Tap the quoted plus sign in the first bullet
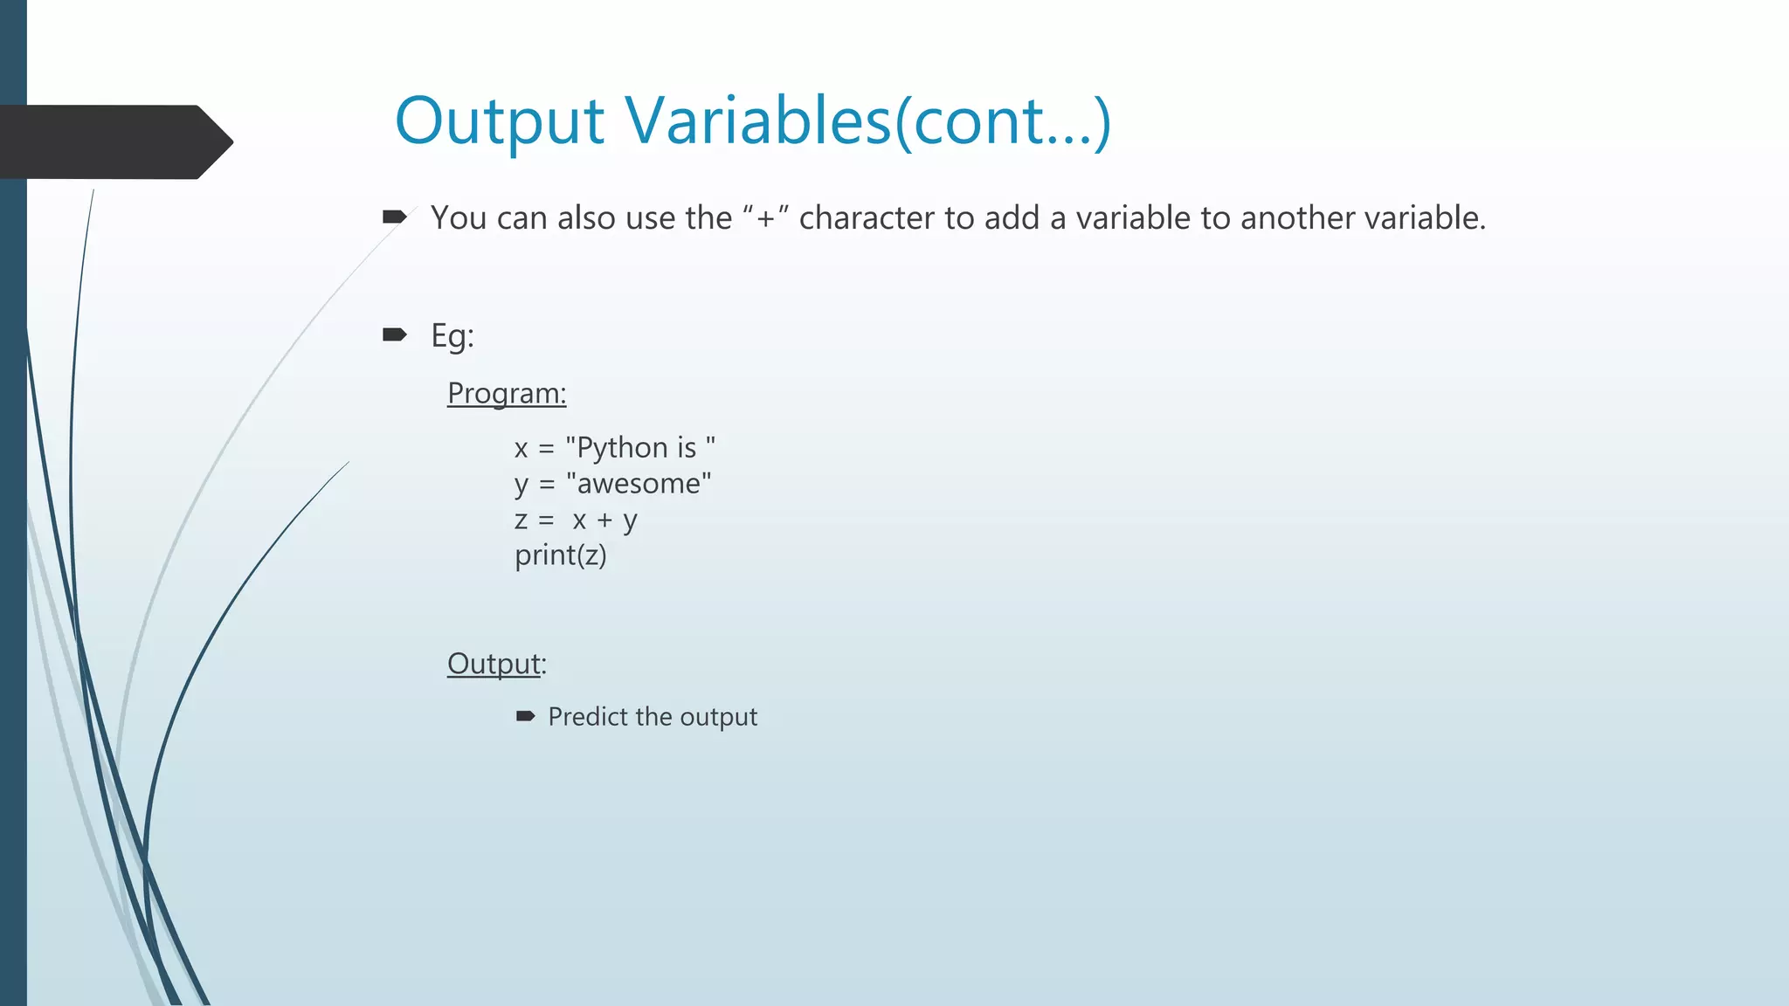(765, 217)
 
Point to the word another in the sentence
(1296, 217)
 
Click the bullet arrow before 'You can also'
(395, 217)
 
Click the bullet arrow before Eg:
(395, 334)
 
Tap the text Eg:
(452, 335)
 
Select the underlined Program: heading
(507, 393)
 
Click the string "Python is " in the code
(640, 447)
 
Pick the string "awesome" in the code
(639, 483)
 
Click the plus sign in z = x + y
(604, 520)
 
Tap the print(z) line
(560, 555)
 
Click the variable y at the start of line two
(522, 485)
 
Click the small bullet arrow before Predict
(525, 717)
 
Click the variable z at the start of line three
(521, 520)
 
